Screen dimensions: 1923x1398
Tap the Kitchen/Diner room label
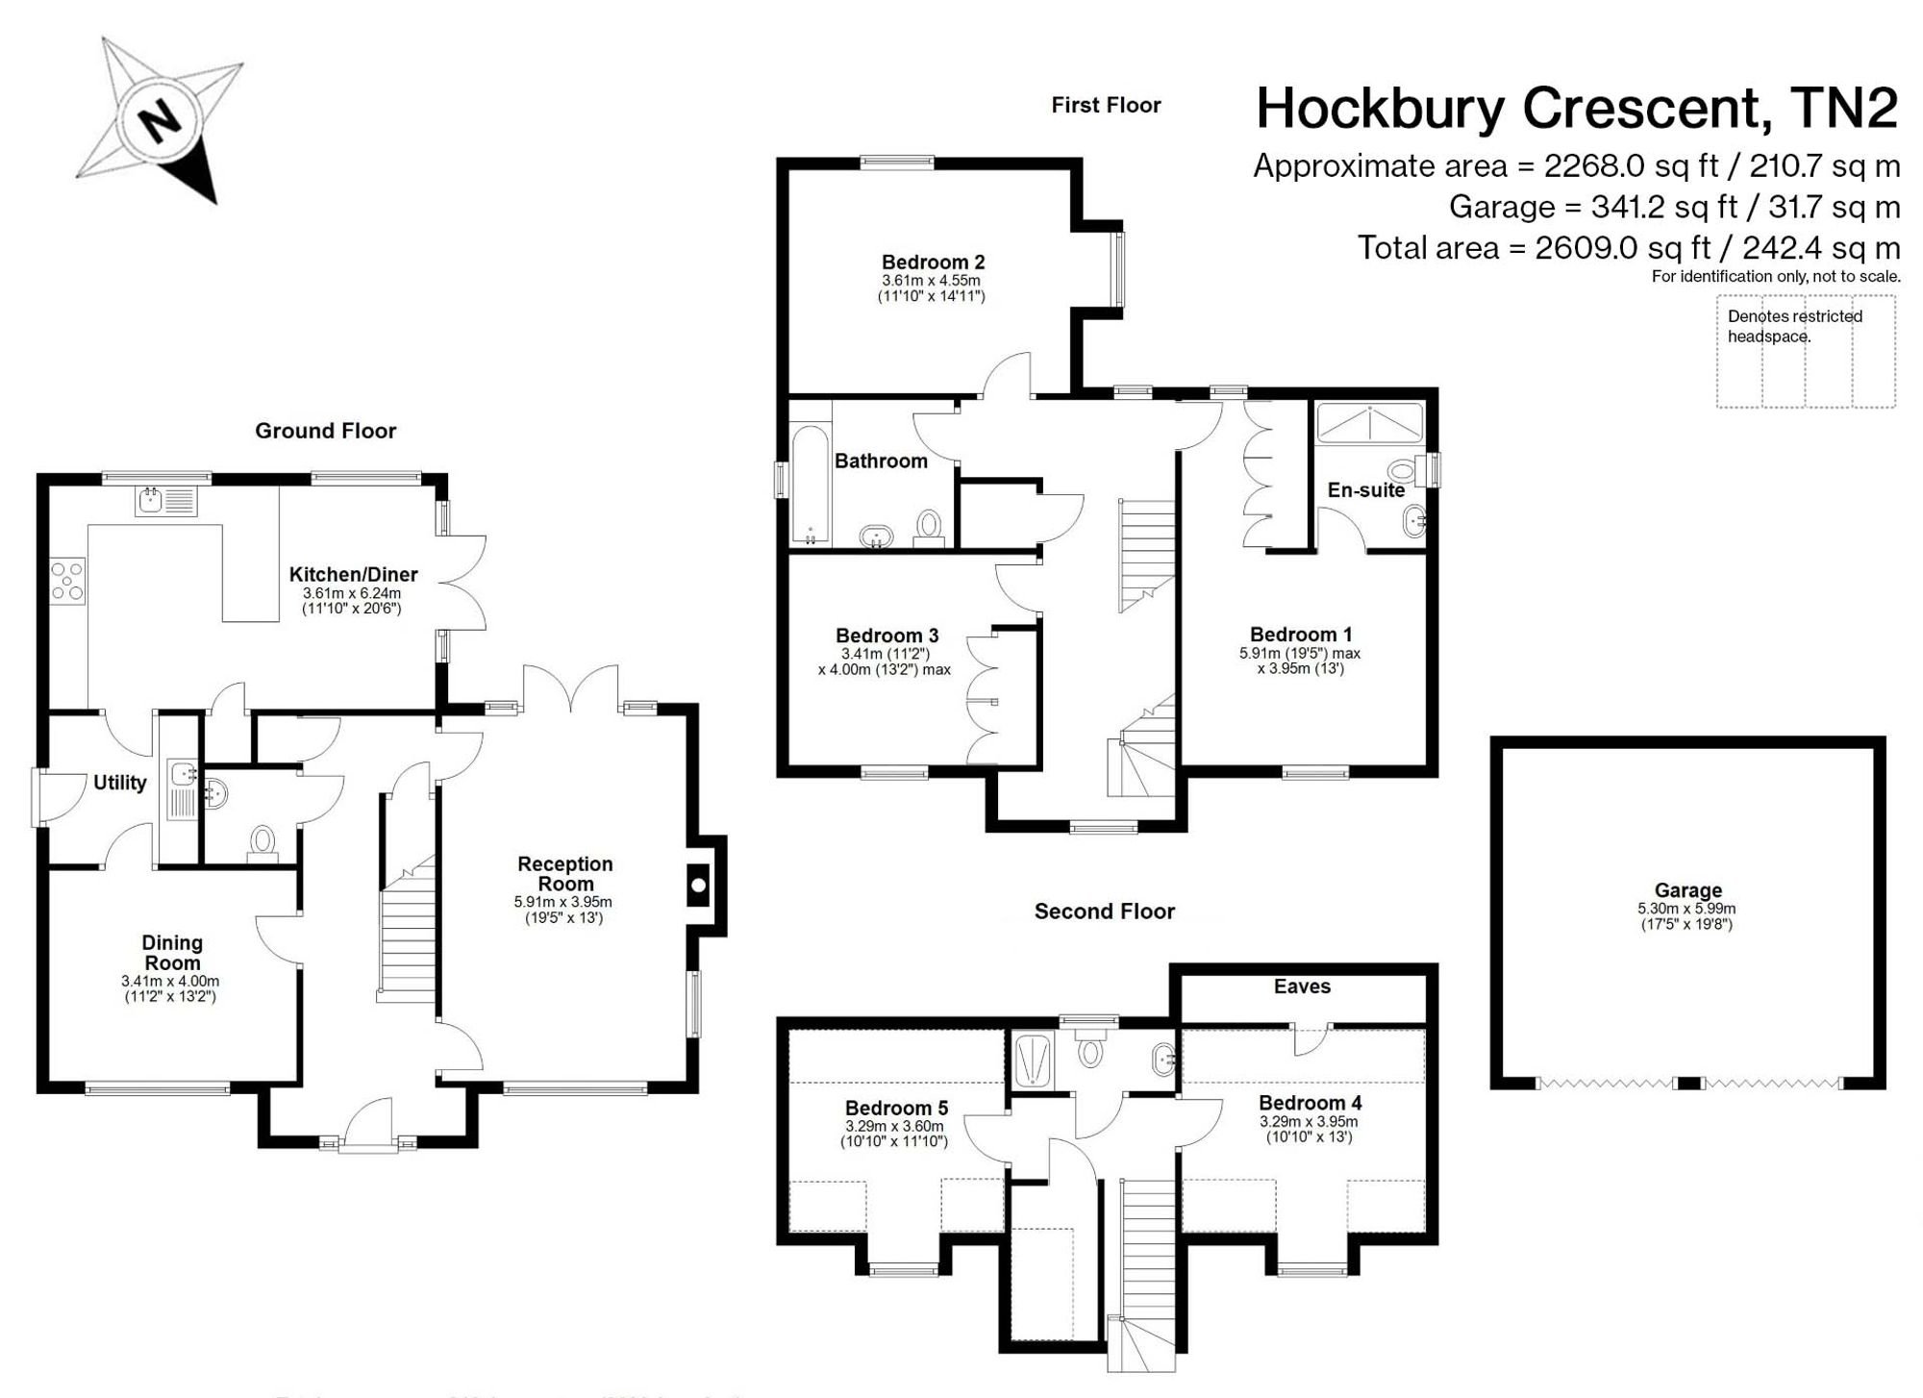[x=353, y=575]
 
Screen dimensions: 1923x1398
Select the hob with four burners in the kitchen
[x=67, y=581]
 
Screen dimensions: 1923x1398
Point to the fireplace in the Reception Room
[x=699, y=885]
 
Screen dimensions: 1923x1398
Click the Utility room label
[x=119, y=783]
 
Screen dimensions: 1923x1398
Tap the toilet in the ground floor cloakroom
[x=262, y=843]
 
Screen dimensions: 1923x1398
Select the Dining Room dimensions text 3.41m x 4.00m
[x=170, y=982]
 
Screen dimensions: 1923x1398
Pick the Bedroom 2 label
[x=933, y=262]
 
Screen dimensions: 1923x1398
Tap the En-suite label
[x=1366, y=490]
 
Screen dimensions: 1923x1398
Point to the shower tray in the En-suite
[x=1369, y=423]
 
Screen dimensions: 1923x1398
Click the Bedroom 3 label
[x=887, y=636]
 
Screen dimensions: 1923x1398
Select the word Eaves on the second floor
[x=1302, y=986]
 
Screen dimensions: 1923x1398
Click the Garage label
[x=1687, y=891]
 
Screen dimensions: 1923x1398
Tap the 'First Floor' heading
[x=1106, y=105]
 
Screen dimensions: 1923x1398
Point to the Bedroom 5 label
[x=896, y=1109]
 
